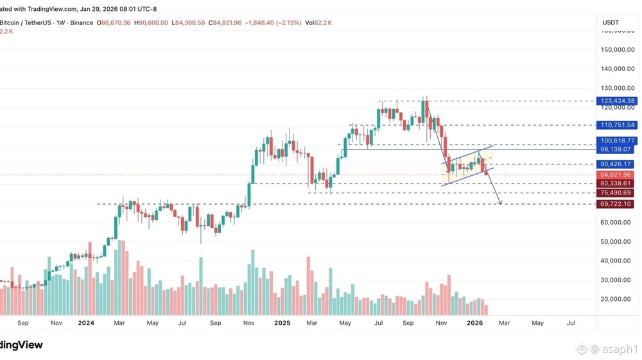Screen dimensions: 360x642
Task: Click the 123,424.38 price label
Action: point(617,101)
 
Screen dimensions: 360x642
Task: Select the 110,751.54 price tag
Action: point(617,125)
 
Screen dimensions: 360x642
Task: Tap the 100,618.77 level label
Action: point(617,141)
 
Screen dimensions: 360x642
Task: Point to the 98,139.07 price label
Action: point(617,149)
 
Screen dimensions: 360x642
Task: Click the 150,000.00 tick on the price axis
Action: point(618,49)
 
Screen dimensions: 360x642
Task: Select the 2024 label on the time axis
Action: point(86,323)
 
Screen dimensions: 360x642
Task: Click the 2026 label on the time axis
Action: point(474,323)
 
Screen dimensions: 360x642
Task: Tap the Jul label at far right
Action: point(571,323)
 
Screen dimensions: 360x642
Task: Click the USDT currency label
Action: point(611,22)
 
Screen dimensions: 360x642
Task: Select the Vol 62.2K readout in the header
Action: point(319,22)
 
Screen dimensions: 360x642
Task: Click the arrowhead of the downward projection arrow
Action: point(500,204)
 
